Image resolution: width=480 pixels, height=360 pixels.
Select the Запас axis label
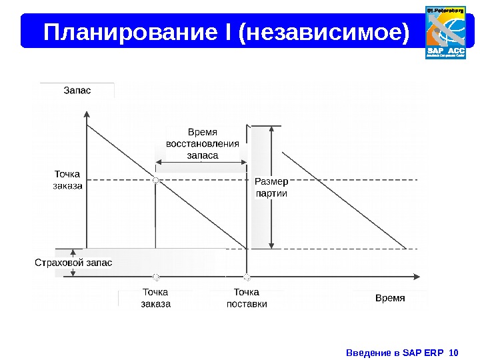click(77, 90)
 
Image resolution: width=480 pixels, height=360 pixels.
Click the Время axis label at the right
click(390, 297)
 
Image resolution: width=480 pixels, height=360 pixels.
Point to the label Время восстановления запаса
click(202, 143)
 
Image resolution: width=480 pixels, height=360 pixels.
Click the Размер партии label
click(271, 187)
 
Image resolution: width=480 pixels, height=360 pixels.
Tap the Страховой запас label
click(73, 263)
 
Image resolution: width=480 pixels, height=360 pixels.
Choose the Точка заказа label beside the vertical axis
click(67, 180)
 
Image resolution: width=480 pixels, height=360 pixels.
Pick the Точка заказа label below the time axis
click(155, 298)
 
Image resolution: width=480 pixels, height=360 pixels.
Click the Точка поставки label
click(247, 298)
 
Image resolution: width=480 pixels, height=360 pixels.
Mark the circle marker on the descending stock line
click(155, 180)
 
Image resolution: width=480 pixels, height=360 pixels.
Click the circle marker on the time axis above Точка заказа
click(155, 276)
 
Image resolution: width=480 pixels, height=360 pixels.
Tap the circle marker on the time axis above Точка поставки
click(247, 276)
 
